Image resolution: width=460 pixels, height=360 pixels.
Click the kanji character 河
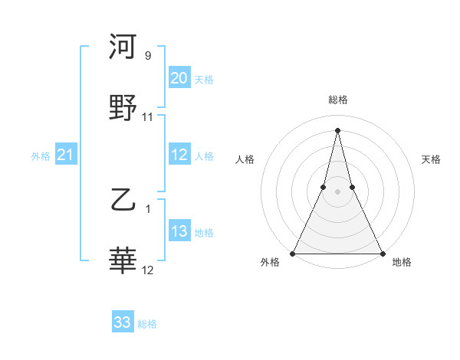pos(123,47)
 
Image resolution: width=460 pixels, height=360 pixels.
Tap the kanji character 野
pos(123,108)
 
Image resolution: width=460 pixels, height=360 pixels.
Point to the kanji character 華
pos(123,261)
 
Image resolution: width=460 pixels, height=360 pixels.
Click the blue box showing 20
pos(179,78)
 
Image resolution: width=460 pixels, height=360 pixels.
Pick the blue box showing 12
pos(179,155)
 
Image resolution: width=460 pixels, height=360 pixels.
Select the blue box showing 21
pos(65,155)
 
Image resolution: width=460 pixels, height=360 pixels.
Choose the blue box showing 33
pos(123,322)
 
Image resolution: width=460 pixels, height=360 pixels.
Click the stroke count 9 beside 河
pos(148,56)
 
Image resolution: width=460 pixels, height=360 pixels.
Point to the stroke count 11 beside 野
pos(148,117)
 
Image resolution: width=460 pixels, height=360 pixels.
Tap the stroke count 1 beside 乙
pos(148,209)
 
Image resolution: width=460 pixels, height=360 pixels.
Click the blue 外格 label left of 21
pos(41,156)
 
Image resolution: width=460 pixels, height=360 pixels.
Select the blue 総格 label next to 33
pos(147,324)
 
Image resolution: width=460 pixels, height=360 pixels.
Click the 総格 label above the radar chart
pos(337,100)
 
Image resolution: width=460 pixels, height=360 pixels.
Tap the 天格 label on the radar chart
pos(432,159)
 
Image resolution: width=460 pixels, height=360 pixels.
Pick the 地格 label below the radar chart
pos(402,262)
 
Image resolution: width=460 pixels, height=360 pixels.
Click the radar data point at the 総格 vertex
pos(337,129)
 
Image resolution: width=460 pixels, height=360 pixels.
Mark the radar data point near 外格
pos(293,253)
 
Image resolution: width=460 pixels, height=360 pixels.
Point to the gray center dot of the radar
pos(337,191)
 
